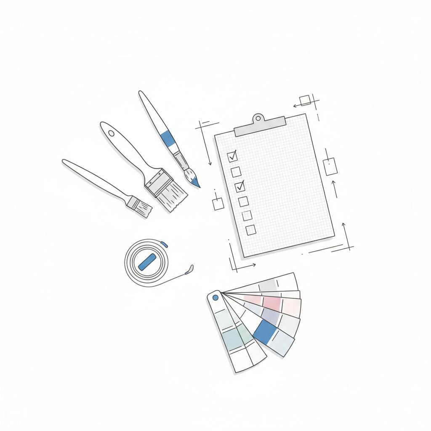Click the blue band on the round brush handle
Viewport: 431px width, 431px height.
click(168, 138)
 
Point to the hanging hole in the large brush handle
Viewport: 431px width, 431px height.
click(111, 133)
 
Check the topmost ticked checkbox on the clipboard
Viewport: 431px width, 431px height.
click(232, 157)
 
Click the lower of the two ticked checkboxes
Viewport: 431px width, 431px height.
click(239, 186)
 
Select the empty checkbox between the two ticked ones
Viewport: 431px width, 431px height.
click(236, 171)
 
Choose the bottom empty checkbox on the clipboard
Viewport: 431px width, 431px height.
click(250, 230)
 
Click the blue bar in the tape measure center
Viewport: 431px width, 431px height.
click(147, 262)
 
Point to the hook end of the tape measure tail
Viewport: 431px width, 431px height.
click(190, 269)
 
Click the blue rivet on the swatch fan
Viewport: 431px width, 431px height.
click(215, 298)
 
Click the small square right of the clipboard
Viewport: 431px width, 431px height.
click(330, 167)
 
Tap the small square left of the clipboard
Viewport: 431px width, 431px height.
click(218, 204)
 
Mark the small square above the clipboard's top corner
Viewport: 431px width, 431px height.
click(305, 100)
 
